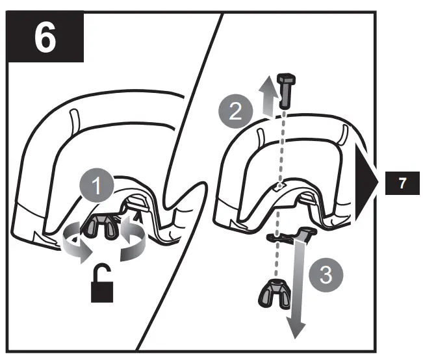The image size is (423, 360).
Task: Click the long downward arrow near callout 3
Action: coord(298,286)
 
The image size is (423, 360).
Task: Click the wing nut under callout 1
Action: coord(102,225)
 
